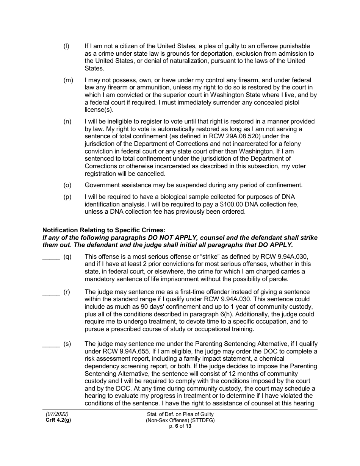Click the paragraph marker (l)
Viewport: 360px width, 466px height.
pos(66,46)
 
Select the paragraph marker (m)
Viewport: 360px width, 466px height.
pos(68,80)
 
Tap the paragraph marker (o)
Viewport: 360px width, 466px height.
pos(67,185)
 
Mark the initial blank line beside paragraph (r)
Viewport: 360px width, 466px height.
pos(51,292)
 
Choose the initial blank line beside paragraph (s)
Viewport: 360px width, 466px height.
pos(51,344)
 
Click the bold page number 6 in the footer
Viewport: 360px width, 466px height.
pos(177,426)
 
